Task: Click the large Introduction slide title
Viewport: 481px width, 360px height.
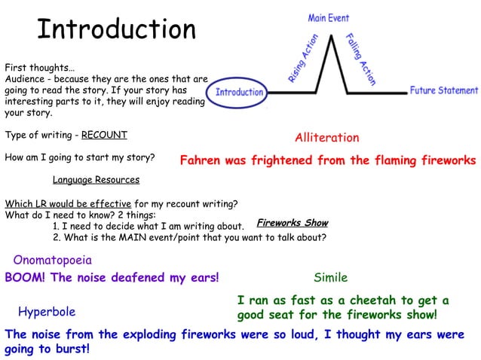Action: click(x=116, y=29)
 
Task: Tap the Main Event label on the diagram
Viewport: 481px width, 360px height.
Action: click(x=329, y=17)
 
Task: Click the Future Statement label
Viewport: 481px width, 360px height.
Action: click(x=443, y=90)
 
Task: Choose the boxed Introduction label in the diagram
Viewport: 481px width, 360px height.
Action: click(x=240, y=93)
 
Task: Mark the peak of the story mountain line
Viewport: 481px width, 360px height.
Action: click(x=329, y=37)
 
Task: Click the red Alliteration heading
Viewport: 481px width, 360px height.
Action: click(x=326, y=138)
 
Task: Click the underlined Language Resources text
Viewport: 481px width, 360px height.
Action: click(x=96, y=180)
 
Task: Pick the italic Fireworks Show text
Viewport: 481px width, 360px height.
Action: click(x=293, y=223)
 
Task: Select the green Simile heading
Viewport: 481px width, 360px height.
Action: click(x=330, y=278)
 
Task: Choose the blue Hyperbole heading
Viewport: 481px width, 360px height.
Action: click(x=47, y=312)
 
